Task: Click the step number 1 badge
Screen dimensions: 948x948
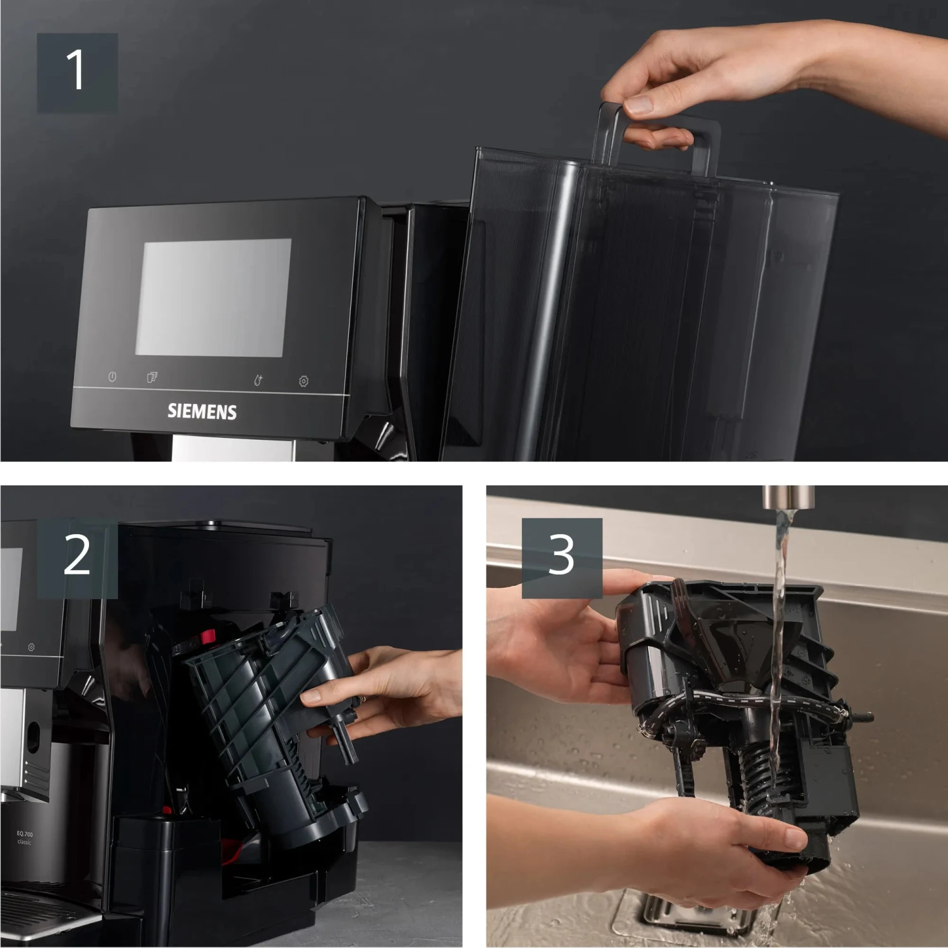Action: [x=77, y=73]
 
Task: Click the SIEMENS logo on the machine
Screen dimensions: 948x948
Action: [x=202, y=412]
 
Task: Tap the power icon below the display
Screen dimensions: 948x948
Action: [x=112, y=377]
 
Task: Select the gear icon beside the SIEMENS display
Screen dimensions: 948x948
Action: [x=303, y=381]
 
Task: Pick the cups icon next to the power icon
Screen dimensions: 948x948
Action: [x=152, y=377]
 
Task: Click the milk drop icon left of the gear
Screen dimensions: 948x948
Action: [x=258, y=380]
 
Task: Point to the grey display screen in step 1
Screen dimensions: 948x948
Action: [x=214, y=297]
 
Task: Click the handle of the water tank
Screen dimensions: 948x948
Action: [x=657, y=136]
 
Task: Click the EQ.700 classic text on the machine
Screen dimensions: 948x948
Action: [x=25, y=838]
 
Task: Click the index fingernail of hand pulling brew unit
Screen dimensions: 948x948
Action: [x=310, y=698]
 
